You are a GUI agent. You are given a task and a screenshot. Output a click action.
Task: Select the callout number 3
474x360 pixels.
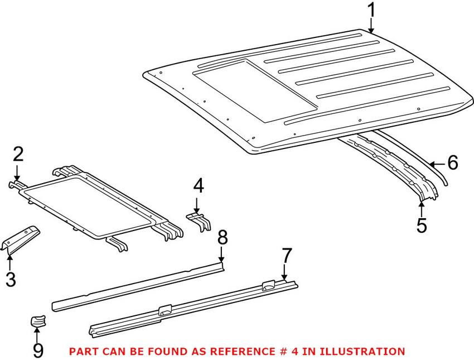[x=11, y=278]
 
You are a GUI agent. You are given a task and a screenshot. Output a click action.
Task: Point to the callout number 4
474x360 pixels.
[x=198, y=186]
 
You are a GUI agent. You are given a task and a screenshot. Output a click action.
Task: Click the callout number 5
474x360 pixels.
[x=422, y=225]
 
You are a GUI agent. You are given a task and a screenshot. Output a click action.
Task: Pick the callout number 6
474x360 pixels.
[x=452, y=162]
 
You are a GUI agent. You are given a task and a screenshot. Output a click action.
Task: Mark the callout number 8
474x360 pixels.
[x=222, y=238]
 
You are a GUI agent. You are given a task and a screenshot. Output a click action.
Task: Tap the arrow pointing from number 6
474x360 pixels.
[x=438, y=164]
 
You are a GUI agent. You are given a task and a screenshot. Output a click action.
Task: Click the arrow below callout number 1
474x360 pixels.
[x=371, y=26]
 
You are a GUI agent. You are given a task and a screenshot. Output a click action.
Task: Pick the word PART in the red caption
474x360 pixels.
[x=81, y=352]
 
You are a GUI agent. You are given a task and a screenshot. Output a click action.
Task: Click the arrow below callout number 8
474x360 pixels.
[x=222, y=255]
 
